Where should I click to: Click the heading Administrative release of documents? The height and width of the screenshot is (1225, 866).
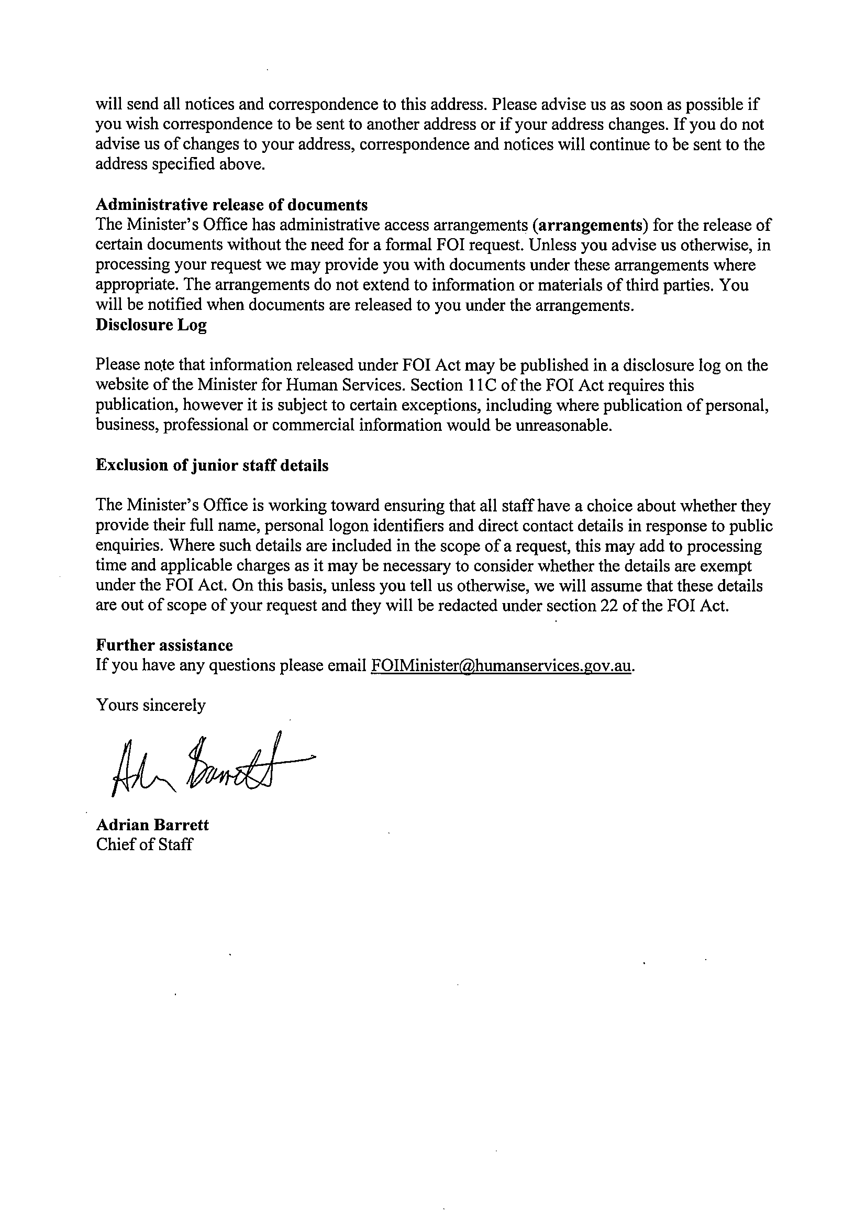[231, 205]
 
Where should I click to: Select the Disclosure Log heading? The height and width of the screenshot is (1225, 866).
[151, 325]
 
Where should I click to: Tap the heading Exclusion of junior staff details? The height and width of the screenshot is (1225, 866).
[212, 465]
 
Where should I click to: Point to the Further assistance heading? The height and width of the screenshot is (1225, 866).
[164, 645]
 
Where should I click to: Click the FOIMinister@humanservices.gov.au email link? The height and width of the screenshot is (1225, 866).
[501, 665]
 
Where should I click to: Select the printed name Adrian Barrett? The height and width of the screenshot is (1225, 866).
[152, 825]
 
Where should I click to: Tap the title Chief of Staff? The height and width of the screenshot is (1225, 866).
[144, 844]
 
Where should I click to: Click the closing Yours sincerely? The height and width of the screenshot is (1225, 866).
[150, 705]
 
